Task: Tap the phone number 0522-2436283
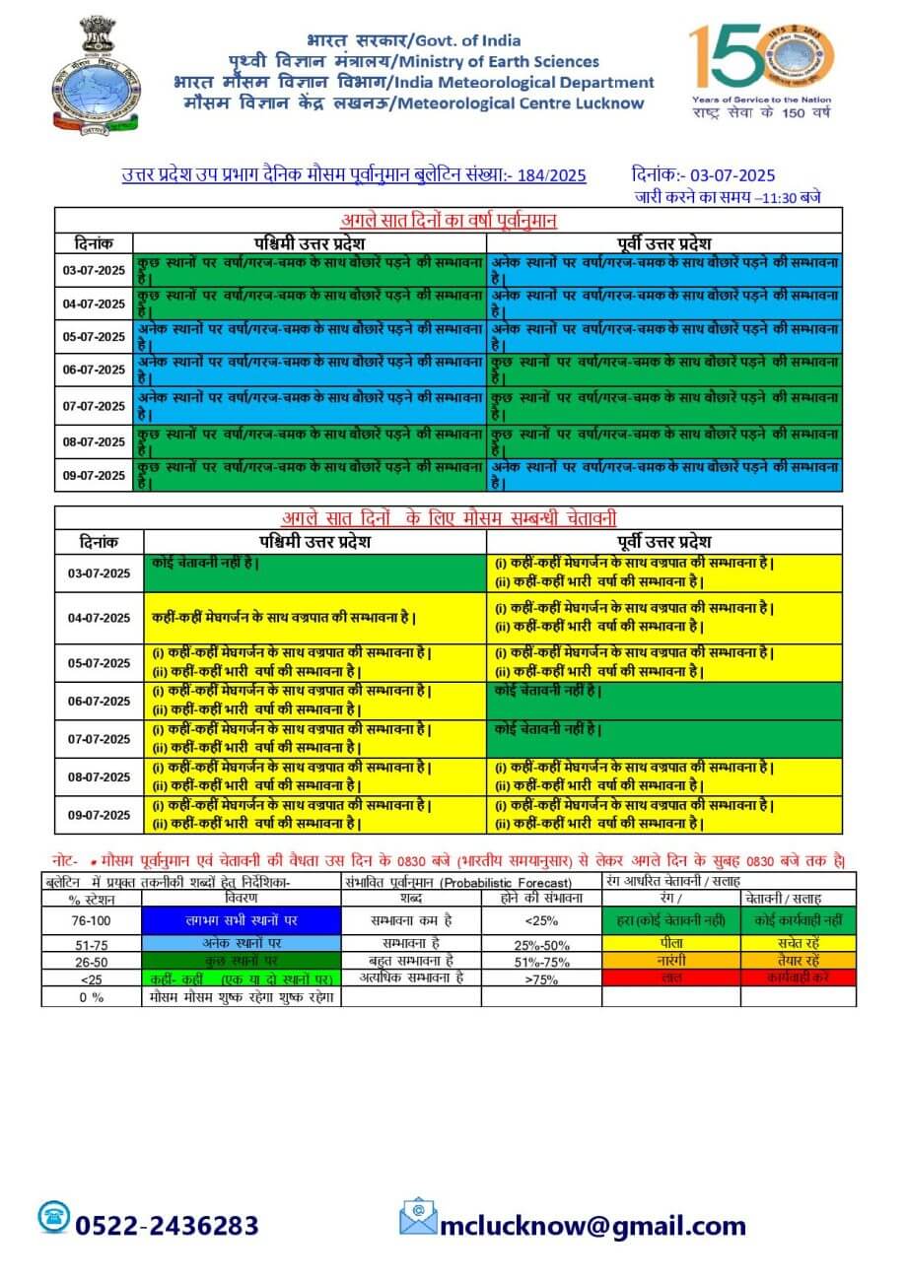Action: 167,1225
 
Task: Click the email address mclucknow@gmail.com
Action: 592,1225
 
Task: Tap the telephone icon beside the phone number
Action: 54,1217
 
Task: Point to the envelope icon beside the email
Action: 418,1217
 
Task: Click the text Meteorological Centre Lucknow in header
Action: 523,102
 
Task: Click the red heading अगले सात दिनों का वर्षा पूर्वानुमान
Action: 449,220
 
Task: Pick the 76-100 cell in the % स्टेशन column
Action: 92,920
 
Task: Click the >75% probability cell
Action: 541,978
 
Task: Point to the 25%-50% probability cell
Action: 541,943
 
